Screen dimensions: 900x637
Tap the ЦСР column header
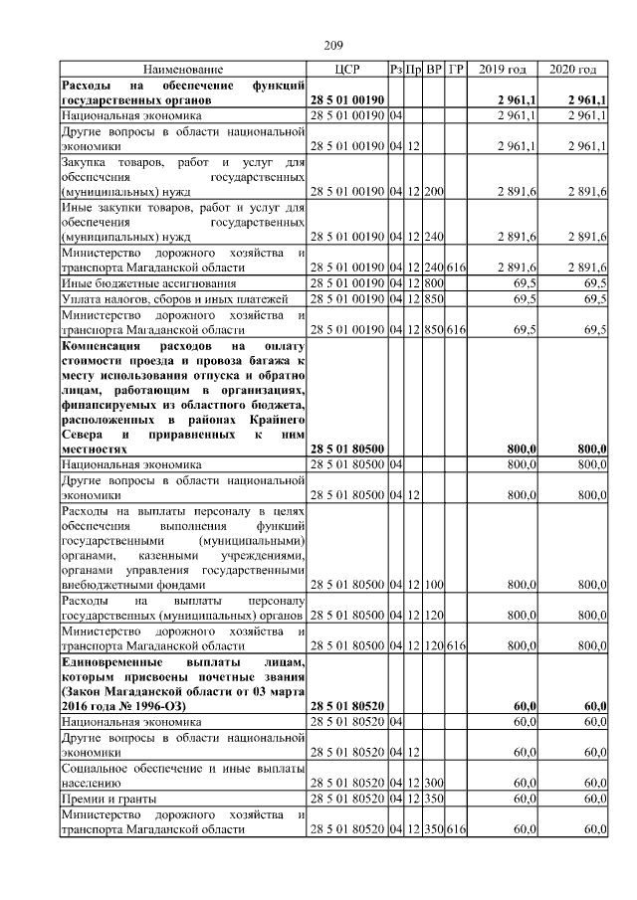(347, 70)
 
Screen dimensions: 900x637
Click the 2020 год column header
(572, 70)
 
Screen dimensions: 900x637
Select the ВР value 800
(434, 283)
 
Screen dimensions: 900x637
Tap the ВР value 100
(434, 586)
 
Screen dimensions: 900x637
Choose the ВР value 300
(434, 783)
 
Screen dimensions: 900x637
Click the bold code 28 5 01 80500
(350, 450)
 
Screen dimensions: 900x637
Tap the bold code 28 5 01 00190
(350, 101)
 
